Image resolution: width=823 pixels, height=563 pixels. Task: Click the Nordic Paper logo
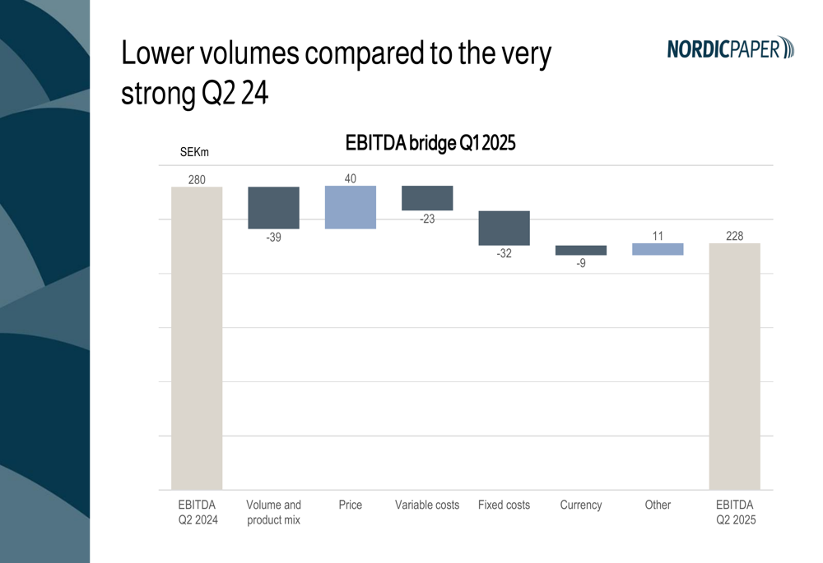730,48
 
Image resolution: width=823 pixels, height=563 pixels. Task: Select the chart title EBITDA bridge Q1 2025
430,143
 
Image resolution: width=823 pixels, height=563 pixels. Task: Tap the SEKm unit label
194,152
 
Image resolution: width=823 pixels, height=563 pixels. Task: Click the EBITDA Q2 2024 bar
197,338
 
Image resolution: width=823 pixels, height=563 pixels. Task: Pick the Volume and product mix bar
273,207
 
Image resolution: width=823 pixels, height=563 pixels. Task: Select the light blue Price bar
351,207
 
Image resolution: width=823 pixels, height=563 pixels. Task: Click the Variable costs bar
427,198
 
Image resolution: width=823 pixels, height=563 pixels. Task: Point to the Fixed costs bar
504,228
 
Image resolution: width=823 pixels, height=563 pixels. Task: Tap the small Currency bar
581,250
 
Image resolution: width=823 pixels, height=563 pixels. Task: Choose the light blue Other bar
658,249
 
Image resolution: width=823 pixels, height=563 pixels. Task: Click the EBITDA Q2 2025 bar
734,366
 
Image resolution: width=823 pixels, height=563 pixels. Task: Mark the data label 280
197,179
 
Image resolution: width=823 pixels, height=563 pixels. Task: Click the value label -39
273,238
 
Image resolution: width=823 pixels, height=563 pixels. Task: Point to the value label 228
734,236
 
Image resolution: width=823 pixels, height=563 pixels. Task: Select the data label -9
581,264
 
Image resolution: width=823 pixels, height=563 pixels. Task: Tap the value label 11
658,236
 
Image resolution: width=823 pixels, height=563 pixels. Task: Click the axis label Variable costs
427,505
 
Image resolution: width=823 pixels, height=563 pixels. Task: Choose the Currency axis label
581,505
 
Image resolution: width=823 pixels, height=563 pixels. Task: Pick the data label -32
504,254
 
